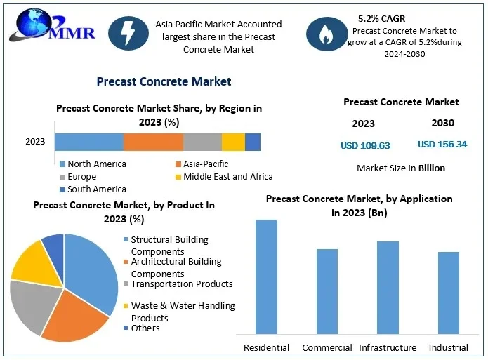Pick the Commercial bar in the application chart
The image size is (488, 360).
(x=327, y=291)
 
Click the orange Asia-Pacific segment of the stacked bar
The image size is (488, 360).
(x=153, y=142)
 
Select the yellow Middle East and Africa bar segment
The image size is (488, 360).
(x=233, y=142)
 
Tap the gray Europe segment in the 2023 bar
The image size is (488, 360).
(x=202, y=142)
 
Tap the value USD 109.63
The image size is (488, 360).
(x=365, y=146)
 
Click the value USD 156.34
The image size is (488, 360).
(x=442, y=145)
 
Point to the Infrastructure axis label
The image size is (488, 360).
(x=388, y=348)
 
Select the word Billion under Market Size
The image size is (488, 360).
(x=432, y=168)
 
